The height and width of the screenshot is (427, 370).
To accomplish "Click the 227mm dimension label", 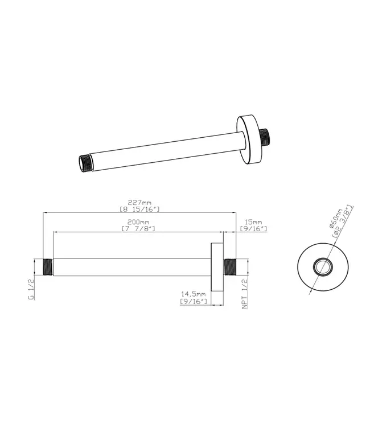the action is [139, 203].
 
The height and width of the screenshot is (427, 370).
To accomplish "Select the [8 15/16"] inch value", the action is [139, 209].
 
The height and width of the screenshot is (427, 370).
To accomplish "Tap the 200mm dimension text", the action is [138, 222].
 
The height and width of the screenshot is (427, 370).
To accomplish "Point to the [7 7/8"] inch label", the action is [138, 228].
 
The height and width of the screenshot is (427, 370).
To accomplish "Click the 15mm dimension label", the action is [253, 222].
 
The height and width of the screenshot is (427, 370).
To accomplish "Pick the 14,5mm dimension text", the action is [194, 294].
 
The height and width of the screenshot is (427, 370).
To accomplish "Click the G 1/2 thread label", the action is [31, 289].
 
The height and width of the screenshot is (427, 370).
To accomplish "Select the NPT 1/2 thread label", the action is [245, 294].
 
